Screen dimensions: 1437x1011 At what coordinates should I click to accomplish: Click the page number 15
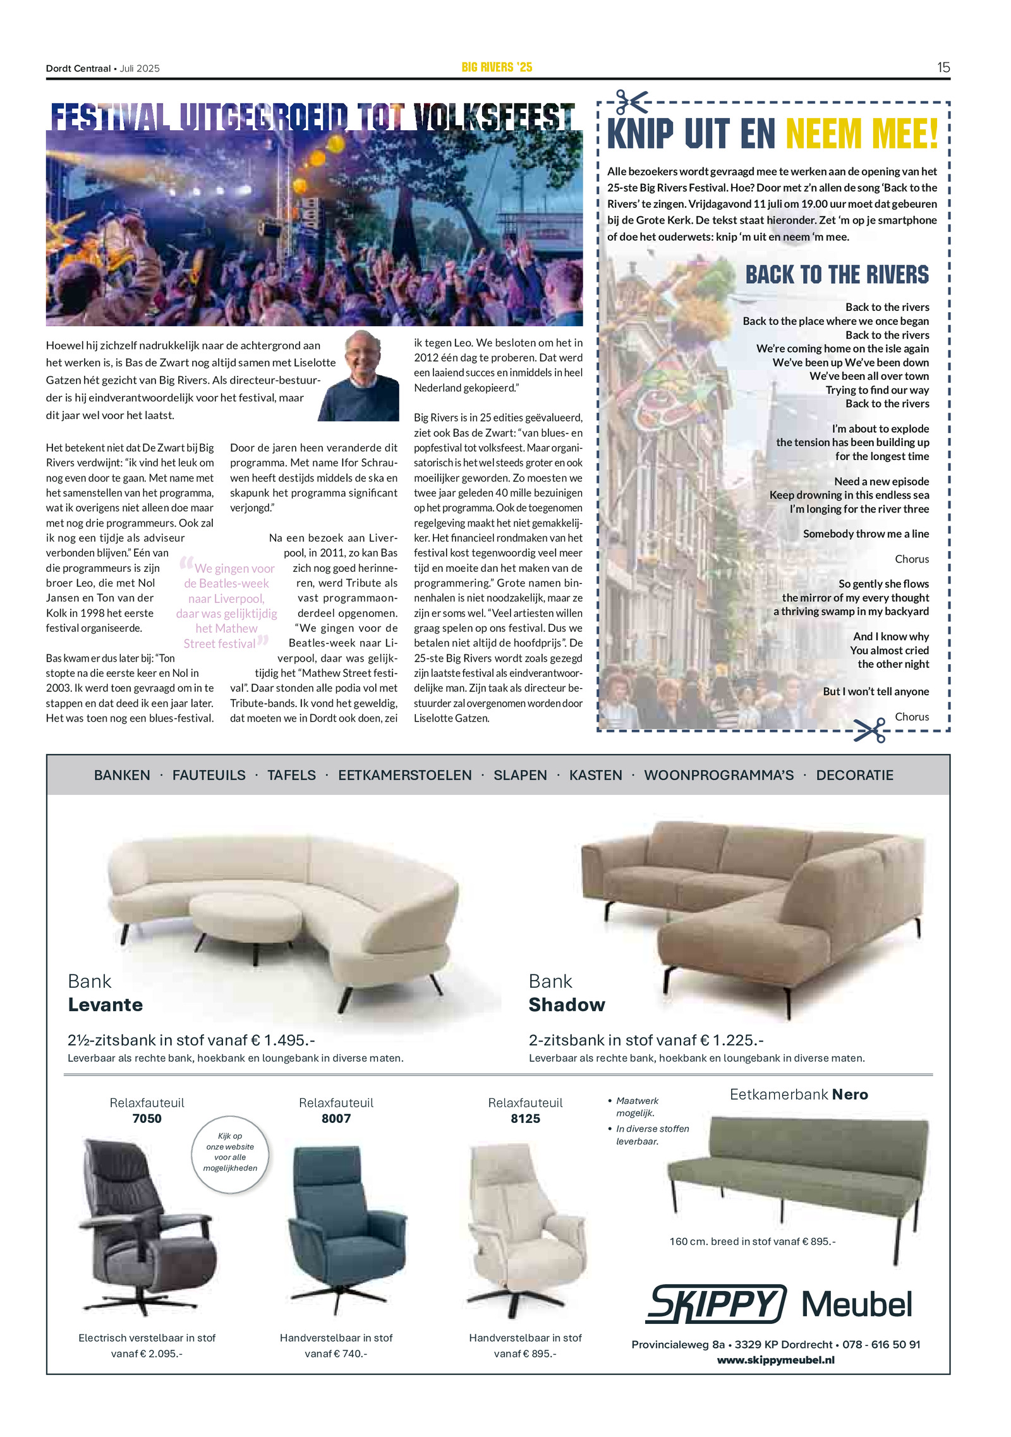click(943, 68)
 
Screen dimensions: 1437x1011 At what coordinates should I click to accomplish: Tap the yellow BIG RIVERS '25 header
click(497, 67)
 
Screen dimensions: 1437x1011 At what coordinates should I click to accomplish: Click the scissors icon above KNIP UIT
click(632, 102)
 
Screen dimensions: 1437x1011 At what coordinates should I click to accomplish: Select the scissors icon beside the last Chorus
click(869, 730)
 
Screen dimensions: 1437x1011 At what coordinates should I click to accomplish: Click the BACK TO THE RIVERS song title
click(837, 275)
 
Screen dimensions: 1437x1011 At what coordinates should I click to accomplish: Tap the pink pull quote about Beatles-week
click(227, 605)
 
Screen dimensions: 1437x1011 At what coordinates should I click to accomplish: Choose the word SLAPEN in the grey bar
click(520, 775)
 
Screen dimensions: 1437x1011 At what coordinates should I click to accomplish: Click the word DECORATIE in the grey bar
click(854, 775)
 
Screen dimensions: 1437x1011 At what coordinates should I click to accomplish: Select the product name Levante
click(106, 1004)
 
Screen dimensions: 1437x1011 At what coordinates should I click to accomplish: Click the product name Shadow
click(567, 1004)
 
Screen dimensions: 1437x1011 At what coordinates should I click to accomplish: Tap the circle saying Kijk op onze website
click(230, 1155)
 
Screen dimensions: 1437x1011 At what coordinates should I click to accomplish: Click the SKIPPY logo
click(715, 1303)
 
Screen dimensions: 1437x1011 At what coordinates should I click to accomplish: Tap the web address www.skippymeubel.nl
click(775, 1359)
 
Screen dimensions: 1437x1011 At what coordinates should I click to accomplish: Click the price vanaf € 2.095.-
click(147, 1353)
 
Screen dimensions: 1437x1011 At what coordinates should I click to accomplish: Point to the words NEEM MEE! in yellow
click(862, 134)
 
